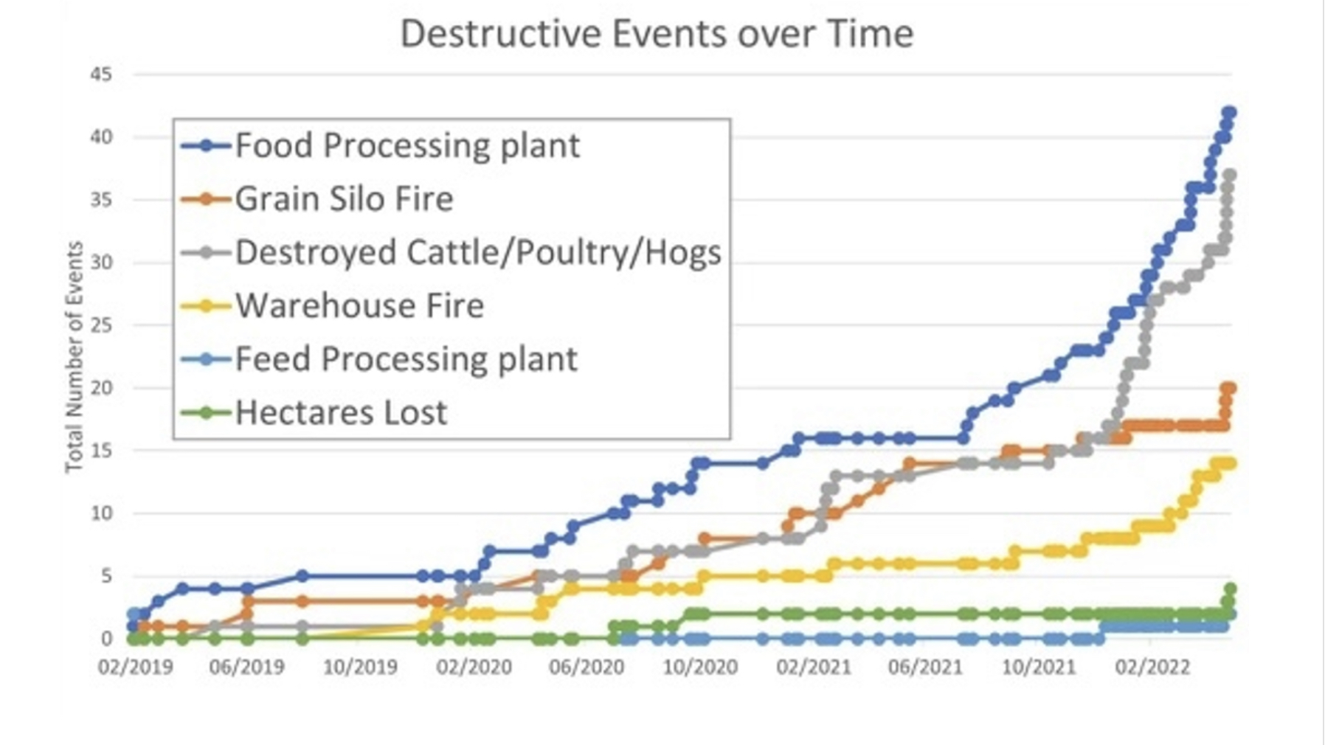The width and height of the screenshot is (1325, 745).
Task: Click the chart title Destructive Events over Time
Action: tap(657, 34)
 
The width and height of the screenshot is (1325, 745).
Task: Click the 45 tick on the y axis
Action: tap(101, 74)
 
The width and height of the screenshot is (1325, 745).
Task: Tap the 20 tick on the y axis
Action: tap(101, 388)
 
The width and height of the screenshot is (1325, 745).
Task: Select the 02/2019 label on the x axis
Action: tap(135, 668)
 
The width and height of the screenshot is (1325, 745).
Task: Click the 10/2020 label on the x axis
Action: tap(700, 668)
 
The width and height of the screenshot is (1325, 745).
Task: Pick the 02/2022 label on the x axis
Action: tap(1152, 668)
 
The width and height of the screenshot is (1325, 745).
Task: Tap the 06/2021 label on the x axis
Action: tap(925, 668)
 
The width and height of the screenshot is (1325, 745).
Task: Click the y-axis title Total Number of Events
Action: tap(74, 357)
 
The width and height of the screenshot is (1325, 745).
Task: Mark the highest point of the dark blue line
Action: tap(1229, 113)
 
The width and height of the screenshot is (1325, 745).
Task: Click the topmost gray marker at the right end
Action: tap(1229, 176)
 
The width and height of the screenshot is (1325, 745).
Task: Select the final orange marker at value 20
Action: tap(1229, 388)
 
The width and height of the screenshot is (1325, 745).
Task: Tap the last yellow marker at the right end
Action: tap(1230, 463)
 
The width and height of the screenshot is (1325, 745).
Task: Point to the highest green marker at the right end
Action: tap(1230, 589)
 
